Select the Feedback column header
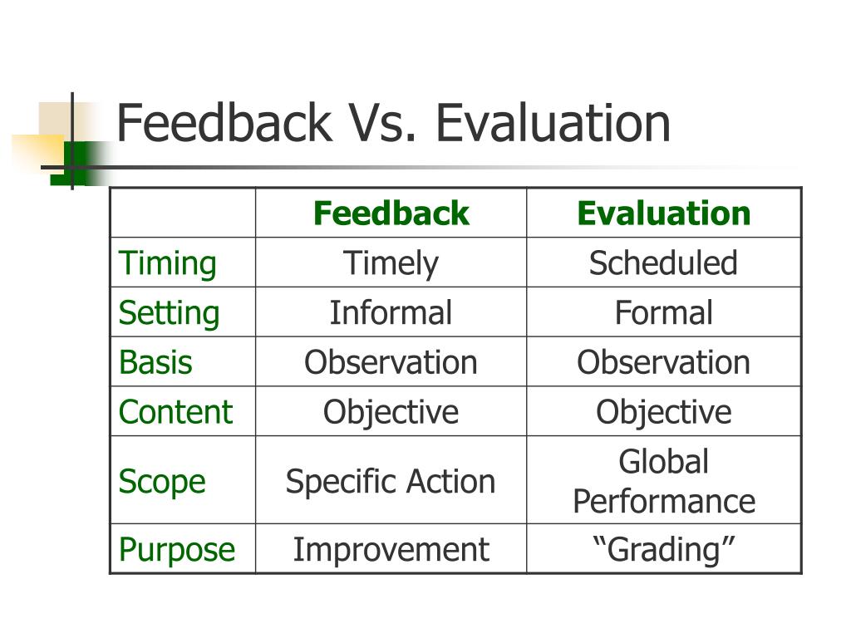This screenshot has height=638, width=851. [391, 213]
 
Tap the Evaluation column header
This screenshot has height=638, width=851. [663, 213]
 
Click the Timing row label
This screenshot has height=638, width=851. [167, 263]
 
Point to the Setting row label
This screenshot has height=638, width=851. [169, 313]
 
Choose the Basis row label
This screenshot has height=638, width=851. [155, 363]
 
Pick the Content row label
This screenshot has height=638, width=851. [175, 413]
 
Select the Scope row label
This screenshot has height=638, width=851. [162, 482]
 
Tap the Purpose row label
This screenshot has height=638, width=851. [177, 550]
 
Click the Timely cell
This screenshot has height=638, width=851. [391, 263]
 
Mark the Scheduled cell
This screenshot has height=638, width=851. [663, 263]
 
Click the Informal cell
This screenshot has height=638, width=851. [391, 313]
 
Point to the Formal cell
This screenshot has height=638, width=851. [663, 313]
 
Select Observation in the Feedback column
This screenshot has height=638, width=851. [391, 363]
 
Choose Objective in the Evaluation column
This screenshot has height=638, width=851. [663, 413]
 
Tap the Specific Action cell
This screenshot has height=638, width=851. [391, 482]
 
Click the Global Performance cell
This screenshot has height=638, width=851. [663, 482]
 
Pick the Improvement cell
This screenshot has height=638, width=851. [391, 550]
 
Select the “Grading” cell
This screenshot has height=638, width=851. [663, 550]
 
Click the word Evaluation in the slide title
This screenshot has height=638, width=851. [553, 123]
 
